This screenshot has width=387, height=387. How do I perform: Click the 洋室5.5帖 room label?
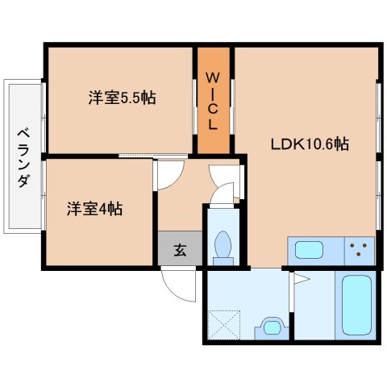(123, 98)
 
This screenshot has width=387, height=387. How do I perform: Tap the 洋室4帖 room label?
(94, 209)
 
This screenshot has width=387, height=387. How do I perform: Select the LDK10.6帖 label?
(310, 144)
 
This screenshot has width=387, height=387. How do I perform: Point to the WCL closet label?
(213, 102)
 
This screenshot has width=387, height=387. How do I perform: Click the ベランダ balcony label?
(23, 158)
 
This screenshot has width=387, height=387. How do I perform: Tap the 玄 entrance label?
(180, 250)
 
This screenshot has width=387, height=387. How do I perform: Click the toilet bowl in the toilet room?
(223, 244)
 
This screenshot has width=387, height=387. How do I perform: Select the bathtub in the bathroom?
(356, 305)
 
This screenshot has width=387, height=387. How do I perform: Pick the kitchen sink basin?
(309, 250)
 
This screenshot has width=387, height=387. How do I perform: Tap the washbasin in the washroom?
(272, 328)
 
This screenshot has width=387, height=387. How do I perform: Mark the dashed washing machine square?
(224, 325)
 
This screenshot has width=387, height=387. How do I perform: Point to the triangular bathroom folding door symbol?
(302, 279)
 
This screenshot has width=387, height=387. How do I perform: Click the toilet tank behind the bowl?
(223, 261)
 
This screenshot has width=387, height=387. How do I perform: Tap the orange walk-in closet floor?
(214, 100)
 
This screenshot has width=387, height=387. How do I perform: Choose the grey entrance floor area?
(180, 248)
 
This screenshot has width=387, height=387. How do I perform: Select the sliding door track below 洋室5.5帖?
(153, 156)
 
